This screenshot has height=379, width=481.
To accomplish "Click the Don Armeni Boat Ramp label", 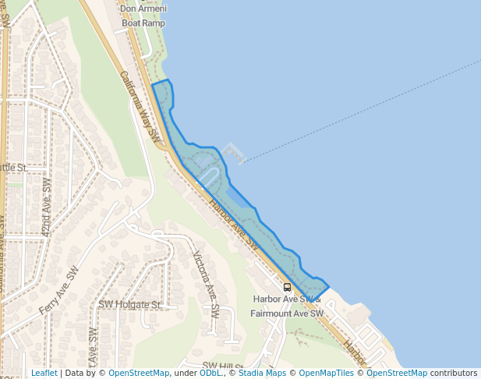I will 143,16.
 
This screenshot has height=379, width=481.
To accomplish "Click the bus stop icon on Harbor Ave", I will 288,287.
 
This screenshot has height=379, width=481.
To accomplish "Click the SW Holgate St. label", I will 129,304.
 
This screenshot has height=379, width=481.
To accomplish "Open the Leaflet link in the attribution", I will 44,373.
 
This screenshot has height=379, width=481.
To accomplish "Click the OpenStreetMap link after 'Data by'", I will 139,373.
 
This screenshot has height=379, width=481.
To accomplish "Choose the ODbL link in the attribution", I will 210,373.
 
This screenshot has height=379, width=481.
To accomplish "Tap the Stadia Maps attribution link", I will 262,373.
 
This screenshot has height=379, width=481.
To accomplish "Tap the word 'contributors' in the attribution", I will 453,373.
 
